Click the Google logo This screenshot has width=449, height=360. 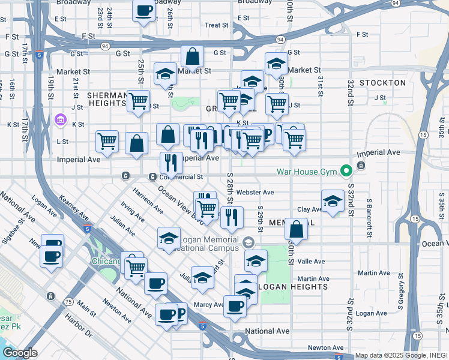click(x=19, y=353)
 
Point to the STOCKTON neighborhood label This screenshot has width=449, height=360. click(x=382, y=82)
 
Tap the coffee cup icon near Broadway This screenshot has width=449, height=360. click(x=144, y=11)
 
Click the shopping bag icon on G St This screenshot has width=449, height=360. click(x=193, y=58)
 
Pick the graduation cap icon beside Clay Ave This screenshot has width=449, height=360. click(x=333, y=202)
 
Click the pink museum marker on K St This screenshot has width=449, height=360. click(x=60, y=120)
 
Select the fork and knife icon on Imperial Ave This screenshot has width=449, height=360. click(x=171, y=162)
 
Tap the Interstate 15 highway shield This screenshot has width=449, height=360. click(x=424, y=135)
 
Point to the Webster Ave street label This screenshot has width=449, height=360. click(x=255, y=193)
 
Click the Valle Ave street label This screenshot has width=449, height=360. click(x=311, y=262)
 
